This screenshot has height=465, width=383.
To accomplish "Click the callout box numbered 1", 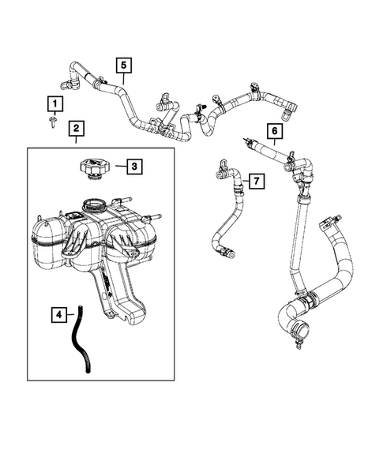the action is point(55,103).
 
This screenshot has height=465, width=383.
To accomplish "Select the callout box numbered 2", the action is point(77,129).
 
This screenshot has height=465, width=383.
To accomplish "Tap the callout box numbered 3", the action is point(134,167).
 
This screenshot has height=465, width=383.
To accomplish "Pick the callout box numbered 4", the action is point(59,315).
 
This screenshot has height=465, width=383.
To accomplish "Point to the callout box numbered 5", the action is point(124,66).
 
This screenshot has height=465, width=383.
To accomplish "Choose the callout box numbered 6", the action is point(275,131).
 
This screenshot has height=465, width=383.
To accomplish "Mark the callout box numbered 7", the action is point(257,181).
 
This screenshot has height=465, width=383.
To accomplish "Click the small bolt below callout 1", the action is point(53,122).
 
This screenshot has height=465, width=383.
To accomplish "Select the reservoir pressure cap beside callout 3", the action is point(95,169).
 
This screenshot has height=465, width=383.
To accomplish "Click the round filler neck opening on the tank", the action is point(94,204).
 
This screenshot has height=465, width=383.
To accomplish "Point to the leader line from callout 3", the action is point(121,167).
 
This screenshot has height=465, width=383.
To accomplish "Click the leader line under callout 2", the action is point(77,140).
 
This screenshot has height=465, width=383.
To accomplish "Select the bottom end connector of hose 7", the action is point(227,253).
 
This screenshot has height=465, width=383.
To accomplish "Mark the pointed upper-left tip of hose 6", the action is point(243,138).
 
